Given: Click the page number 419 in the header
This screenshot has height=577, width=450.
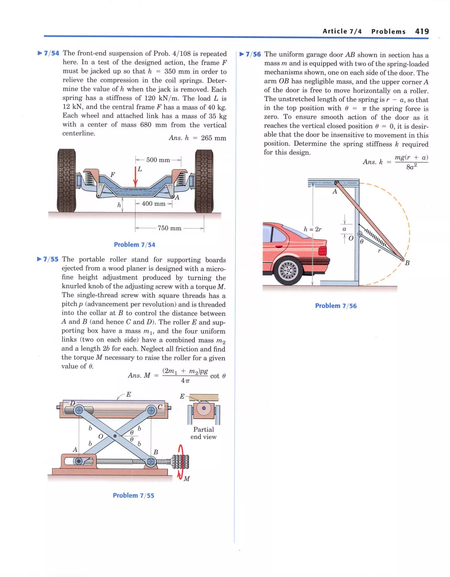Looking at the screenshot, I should tap(422, 31).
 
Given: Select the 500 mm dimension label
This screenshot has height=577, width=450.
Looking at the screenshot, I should tap(158, 160).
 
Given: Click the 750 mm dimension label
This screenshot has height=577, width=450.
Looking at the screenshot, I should tap(169, 228).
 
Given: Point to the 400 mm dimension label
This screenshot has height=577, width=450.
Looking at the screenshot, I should tap(153, 204).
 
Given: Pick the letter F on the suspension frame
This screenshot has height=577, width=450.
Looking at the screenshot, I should tap(113, 175).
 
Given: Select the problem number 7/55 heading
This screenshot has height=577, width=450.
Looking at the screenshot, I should tap(51, 259).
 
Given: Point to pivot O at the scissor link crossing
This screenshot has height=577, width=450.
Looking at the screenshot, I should tap(115, 436).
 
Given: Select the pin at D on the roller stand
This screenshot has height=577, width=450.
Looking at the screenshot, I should tap(79, 410).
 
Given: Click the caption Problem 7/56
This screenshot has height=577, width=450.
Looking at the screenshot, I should tap(336, 306).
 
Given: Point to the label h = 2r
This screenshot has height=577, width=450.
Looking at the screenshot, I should tap(312, 229).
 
